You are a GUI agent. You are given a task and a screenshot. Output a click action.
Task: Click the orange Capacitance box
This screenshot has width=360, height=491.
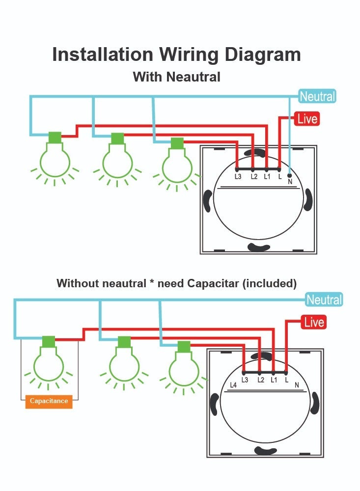pos(49,402)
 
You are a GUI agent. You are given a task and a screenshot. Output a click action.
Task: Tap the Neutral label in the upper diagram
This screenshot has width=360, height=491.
pos(317,96)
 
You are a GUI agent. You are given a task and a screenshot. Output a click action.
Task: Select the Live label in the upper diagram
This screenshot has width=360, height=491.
pos(307,119)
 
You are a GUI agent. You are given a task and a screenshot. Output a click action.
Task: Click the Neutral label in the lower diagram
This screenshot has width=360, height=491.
pos(324,300)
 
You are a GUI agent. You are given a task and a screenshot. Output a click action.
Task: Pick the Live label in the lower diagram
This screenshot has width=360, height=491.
pos(314,323)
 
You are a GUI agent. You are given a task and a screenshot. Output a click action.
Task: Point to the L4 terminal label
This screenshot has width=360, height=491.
pos(233,385)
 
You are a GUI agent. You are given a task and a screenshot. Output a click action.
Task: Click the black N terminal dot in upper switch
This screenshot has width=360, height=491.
pos(289,175)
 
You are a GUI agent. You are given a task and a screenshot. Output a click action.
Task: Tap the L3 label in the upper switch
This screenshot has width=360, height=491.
pos(238,177)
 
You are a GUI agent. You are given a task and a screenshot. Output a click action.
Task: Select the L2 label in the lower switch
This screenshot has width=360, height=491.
pos(260,381)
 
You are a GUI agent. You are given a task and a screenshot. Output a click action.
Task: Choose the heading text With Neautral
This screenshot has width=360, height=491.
pos(176,77)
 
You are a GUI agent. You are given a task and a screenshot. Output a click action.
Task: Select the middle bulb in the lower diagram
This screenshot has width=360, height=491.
pos(124,363)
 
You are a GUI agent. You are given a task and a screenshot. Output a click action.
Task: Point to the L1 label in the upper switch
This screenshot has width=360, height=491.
pos(267,177)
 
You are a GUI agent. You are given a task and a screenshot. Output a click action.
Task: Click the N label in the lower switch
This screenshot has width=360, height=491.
pos(297,385)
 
